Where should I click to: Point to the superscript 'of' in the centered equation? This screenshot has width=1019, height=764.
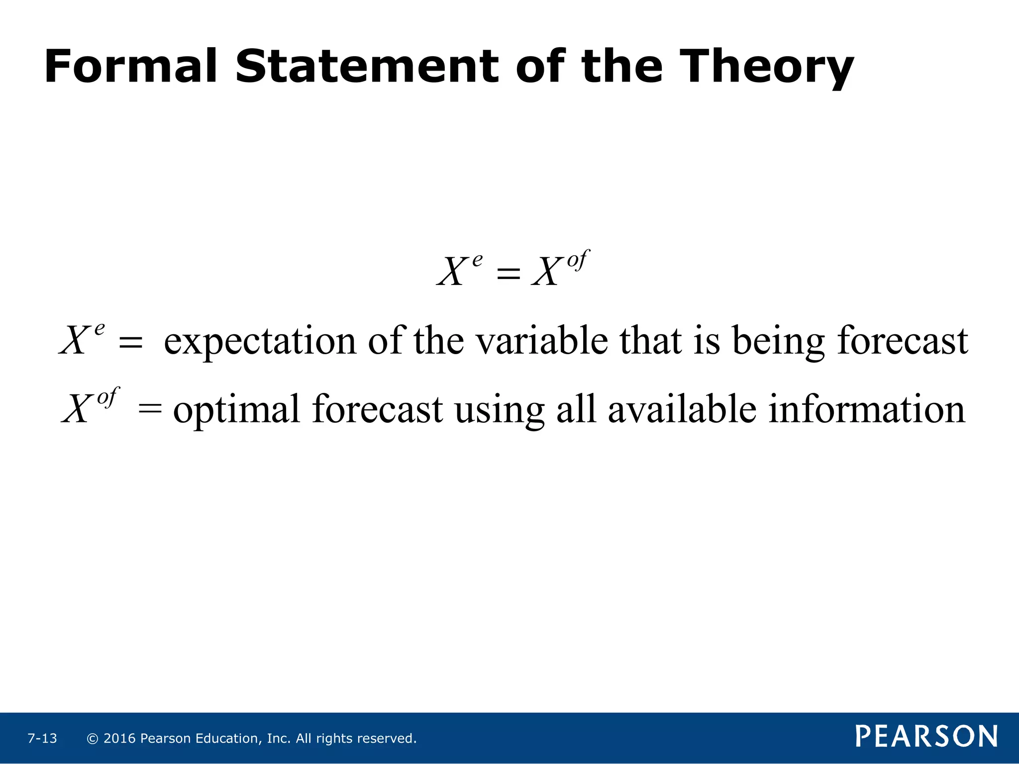pyautogui.click(x=578, y=260)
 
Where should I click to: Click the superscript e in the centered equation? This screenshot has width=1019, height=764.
pyautogui.click(x=477, y=260)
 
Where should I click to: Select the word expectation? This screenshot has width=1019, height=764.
pyautogui.click(x=260, y=342)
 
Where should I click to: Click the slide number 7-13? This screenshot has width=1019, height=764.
pyautogui.click(x=42, y=738)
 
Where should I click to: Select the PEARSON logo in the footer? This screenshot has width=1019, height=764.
pyautogui.click(x=926, y=736)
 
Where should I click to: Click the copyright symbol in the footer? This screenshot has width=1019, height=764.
pyautogui.click(x=92, y=739)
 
